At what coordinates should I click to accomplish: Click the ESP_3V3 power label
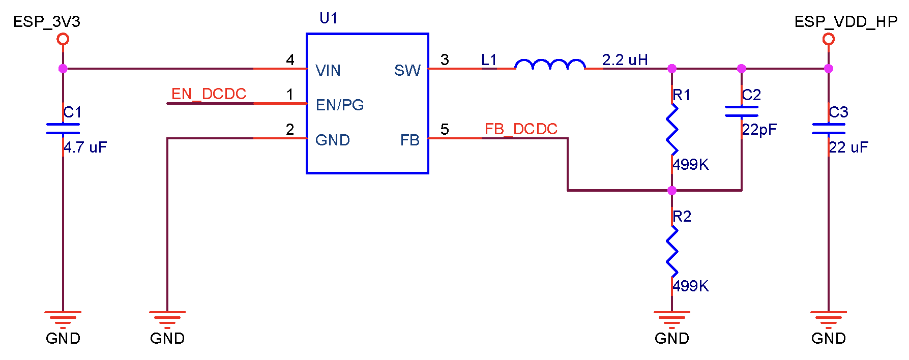click(46, 22)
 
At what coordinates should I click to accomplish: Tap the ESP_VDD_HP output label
click(845, 22)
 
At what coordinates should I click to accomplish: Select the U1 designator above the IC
click(328, 19)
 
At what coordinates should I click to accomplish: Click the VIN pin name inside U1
click(328, 71)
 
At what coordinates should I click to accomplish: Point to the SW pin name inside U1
click(407, 71)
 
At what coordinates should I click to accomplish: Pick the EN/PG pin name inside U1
click(340, 105)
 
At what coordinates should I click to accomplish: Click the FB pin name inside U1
click(409, 140)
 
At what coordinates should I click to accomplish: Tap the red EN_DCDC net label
click(209, 94)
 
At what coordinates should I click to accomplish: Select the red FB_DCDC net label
click(521, 129)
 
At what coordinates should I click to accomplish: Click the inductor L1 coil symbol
click(550, 65)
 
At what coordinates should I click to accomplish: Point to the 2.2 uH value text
click(625, 60)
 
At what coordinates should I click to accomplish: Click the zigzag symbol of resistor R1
click(672, 130)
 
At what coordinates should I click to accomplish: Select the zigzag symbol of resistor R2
click(672, 251)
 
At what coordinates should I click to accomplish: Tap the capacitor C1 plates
click(63, 129)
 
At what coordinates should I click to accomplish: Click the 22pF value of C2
click(759, 130)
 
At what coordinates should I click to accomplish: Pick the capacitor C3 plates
click(829, 129)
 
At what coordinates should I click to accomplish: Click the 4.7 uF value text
click(85, 147)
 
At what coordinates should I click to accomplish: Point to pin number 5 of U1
click(445, 130)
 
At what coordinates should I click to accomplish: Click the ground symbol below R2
click(672, 319)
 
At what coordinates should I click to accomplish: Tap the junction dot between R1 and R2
click(672, 191)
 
